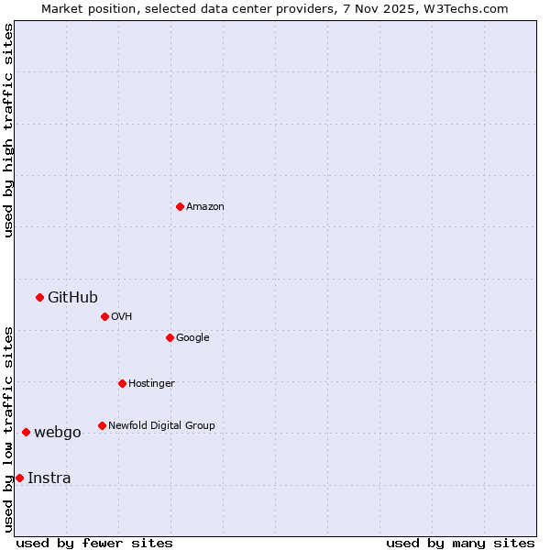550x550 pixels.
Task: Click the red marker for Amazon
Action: [x=180, y=206]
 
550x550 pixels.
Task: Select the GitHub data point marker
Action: [x=39, y=297]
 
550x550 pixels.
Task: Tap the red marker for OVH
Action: [x=104, y=316]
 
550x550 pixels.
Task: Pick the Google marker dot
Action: [x=170, y=337]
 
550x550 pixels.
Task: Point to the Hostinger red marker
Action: [x=122, y=383]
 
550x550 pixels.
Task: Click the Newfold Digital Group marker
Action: [x=102, y=425]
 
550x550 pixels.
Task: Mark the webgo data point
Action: [x=26, y=432]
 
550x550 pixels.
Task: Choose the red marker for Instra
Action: [x=19, y=478]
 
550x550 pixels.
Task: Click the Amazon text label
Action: [x=205, y=207]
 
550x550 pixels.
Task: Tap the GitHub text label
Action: [x=72, y=297]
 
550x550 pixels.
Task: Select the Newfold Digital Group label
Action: [x=161, y=425]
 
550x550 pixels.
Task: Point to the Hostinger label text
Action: [x=151, y=383]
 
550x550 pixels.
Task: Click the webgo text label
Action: [x=58, y=433]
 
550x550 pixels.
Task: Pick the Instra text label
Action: [x=49, y=478]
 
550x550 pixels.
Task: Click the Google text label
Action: [x=192, y=337]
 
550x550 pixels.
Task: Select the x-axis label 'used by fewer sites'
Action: [x=94, y=543]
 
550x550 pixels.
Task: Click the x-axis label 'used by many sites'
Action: [x=460, y=543]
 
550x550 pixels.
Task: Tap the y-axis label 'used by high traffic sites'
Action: [x=8, y=130]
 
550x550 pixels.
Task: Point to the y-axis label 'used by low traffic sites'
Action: [x=8, y=429]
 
